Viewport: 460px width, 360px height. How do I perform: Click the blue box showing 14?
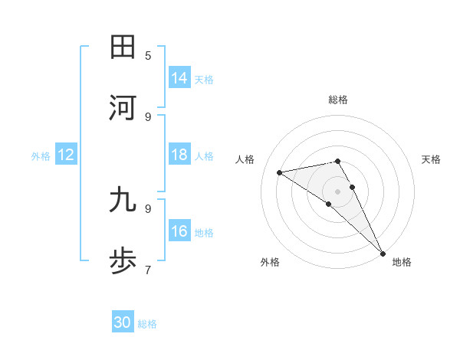pos(179,78)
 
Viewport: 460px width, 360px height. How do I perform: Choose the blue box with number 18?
pos(179,155)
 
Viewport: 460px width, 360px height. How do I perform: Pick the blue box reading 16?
pos(179,231)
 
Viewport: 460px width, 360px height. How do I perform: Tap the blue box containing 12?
pos(66,155)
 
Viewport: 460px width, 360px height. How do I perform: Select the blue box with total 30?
pos(123,322)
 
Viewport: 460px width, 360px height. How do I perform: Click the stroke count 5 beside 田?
pos(148,55)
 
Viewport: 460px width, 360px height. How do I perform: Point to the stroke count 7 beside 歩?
pos(148,270)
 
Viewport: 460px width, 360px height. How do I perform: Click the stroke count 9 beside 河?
pos(148,116)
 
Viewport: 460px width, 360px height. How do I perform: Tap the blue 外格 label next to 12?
pos(41,155)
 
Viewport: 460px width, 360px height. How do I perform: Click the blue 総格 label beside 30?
pos(147,324)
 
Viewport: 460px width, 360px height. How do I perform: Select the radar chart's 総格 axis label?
pos(338,100)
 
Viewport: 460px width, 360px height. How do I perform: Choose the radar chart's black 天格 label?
pos(432,159)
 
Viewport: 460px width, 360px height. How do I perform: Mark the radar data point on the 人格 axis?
pos(280,172)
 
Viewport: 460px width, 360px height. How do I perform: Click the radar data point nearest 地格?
pos(382,253)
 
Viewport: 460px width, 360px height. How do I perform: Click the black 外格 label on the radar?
pos(270,262)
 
